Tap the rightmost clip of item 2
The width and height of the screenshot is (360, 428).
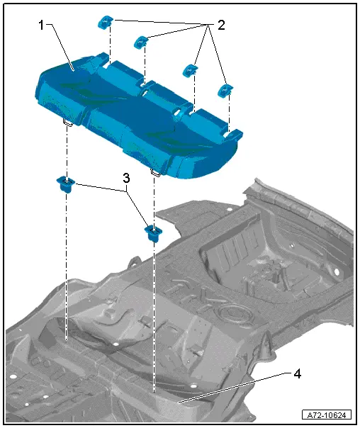pos(226,91)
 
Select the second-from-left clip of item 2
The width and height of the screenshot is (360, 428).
pos(141,42)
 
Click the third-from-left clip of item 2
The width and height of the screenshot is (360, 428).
pos(190,70)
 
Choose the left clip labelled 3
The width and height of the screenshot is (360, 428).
pos(65,185)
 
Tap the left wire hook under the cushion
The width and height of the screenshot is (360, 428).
pos(67,123)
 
